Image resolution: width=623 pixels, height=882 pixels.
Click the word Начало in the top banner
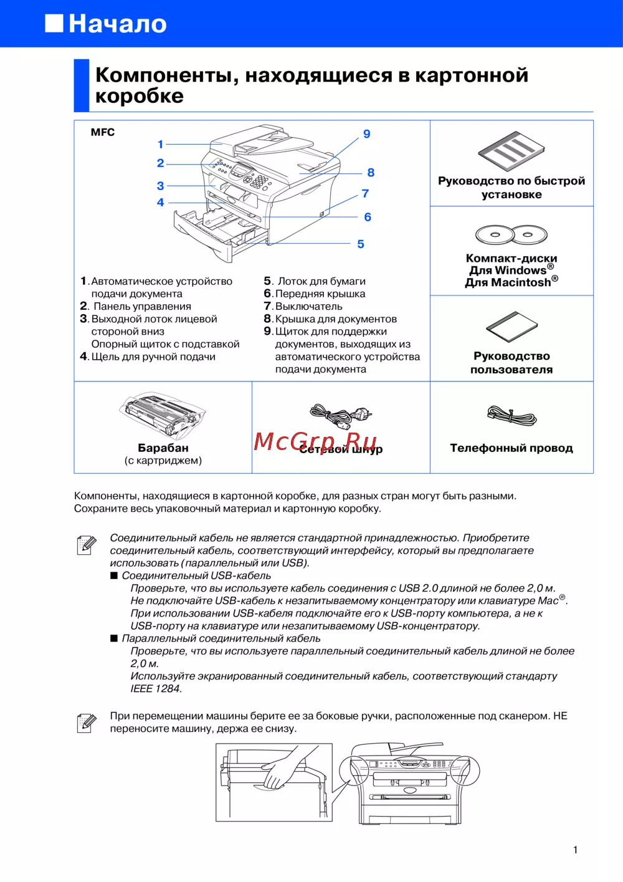click(117, 24)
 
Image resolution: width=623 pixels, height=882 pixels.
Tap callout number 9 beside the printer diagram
click(367, 134)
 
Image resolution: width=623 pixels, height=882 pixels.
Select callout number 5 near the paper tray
click(361, 244)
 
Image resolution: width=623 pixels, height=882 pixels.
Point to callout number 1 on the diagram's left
click(160, 145)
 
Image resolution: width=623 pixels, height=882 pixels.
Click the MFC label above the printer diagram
click(103, 132)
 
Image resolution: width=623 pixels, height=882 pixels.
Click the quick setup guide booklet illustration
click(511, 151)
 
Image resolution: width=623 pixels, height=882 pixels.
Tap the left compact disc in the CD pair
click(495, 235)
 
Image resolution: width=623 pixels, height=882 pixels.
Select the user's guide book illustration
click(511, 327)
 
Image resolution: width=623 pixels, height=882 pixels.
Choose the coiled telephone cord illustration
click(511, 415)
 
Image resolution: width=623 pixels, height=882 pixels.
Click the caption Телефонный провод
click(511, 448)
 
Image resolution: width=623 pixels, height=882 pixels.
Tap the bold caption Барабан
click(163, 448)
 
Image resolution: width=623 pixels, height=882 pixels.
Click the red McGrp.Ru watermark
click(315, 441)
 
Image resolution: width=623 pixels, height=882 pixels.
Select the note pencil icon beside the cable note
click(87, 544)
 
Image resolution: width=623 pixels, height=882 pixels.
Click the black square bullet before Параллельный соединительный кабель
click(114, 638)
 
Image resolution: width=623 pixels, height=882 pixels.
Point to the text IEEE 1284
click(156, 689)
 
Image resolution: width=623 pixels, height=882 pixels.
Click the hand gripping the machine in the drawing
click(284, 769)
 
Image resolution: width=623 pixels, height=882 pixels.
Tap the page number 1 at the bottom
click(575, 850)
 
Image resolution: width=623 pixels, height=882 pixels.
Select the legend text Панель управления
click(142, 307)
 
